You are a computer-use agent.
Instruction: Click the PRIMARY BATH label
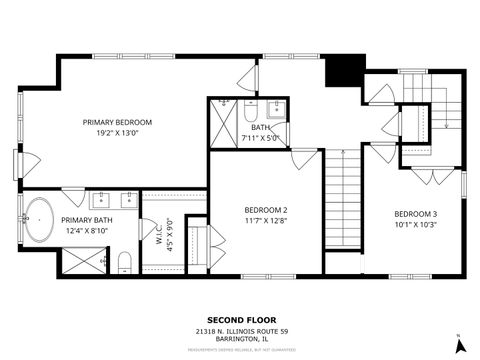(85, 220)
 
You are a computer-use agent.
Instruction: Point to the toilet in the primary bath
(123, 262)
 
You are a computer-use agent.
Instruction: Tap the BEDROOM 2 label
(266, 210)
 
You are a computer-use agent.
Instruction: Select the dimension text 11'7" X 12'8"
(266, 221)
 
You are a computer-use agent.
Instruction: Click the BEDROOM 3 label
(414, 214)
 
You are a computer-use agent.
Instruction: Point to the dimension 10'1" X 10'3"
(414, 225)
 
